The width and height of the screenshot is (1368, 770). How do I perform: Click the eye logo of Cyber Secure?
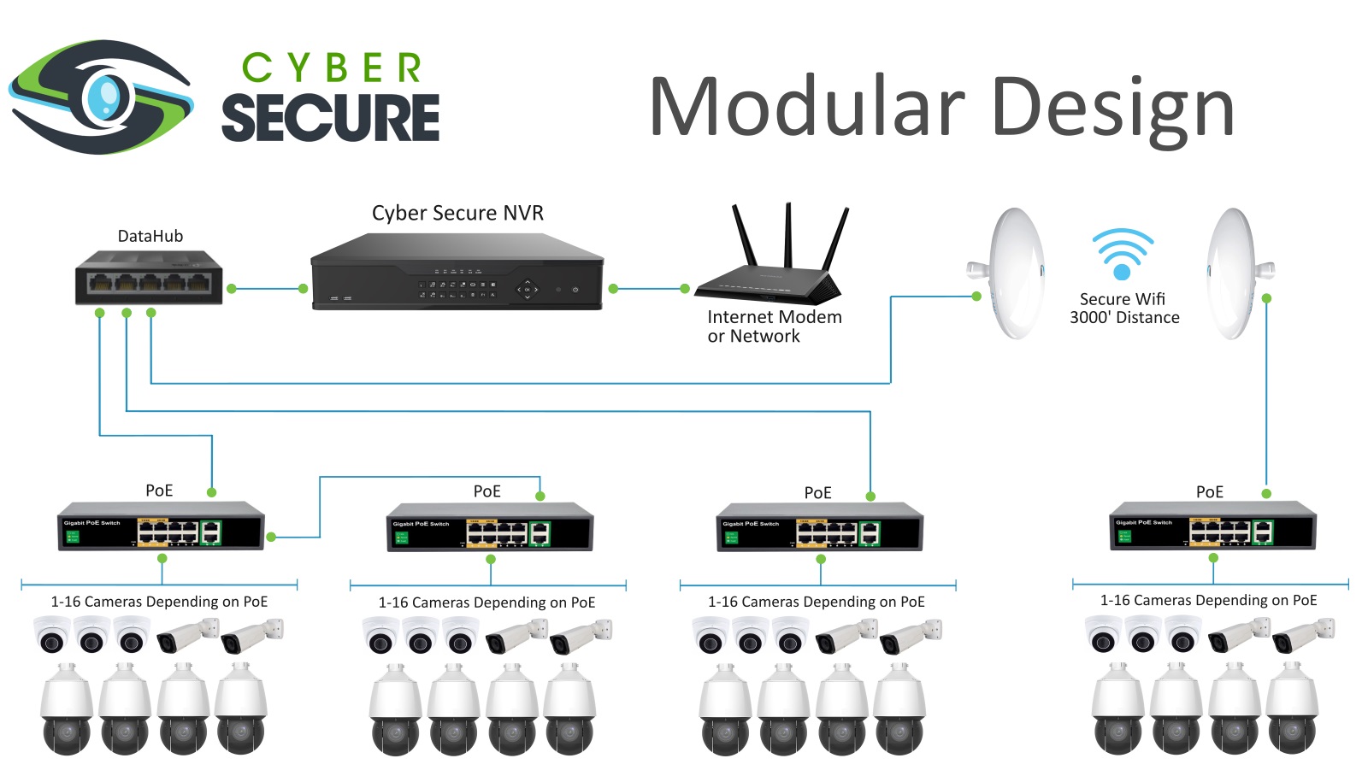pyautogui.click(x=101, y=97)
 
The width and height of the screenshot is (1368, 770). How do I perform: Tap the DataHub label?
pyautogui.click(x=150, y=237)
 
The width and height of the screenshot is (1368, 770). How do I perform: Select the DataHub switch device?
pyautogui.click(x=149, y=277)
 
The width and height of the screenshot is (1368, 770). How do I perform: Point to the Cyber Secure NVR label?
pyautogui.click(x=457, y=213)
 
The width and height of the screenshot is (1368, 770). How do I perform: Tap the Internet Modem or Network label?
pyautogui.click(x=773, y=326)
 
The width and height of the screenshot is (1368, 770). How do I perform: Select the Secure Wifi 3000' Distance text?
pyautogui.click(x=1123, y=309)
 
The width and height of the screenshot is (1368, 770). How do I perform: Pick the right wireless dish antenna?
pyautogui.click(x=1235, y=273)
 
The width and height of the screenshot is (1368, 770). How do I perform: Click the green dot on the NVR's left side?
pyautogui.click(x=303, y=289)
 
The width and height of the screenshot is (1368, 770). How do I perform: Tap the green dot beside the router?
pyautogui.click(x=685, y=289)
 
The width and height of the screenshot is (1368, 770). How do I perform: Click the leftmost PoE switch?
pyautogui.click(x=161, y=526)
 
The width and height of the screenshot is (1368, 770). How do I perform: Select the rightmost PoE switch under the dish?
pyautogui.click(x=1212, y=526)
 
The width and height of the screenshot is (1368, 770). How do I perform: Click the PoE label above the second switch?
pyautogui.click(x=487, y=491)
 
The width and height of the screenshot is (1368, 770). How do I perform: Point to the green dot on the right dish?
pyautogui.click(x=1266, y=298)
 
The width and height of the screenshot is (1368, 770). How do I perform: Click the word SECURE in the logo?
pyautogui.click(x=330, y=118)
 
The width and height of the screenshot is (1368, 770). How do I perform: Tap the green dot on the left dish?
pyautogui.click(x=976, y=297)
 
